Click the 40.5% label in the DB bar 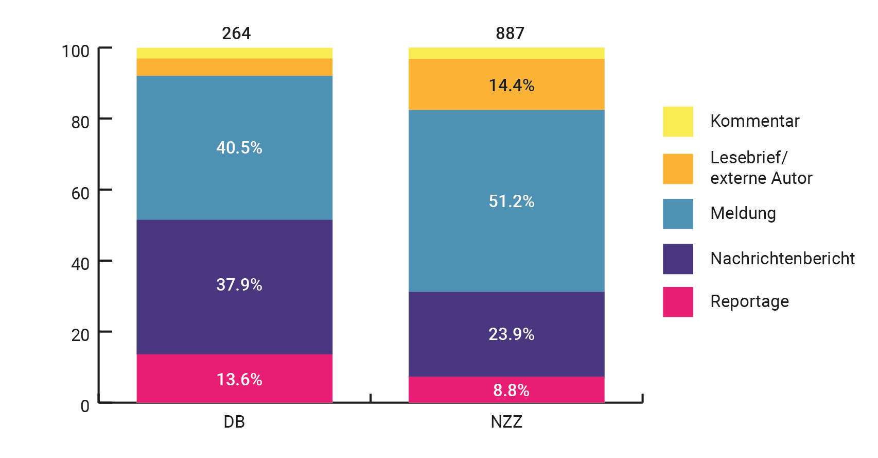[239, 148]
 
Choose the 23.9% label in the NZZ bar [511, 334]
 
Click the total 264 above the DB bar [236, 33]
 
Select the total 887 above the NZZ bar [510, 33]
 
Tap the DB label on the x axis [234, 422]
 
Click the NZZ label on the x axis [506, 422]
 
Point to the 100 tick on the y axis [76, 51]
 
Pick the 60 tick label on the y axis [80, 193]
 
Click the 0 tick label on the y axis [85, 406]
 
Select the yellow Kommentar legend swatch [678, 122]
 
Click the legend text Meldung [743, 213]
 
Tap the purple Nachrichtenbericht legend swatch [678, 259]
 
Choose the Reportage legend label [749, 301]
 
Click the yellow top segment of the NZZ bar [506, 53]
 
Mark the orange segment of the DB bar [234, 67]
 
